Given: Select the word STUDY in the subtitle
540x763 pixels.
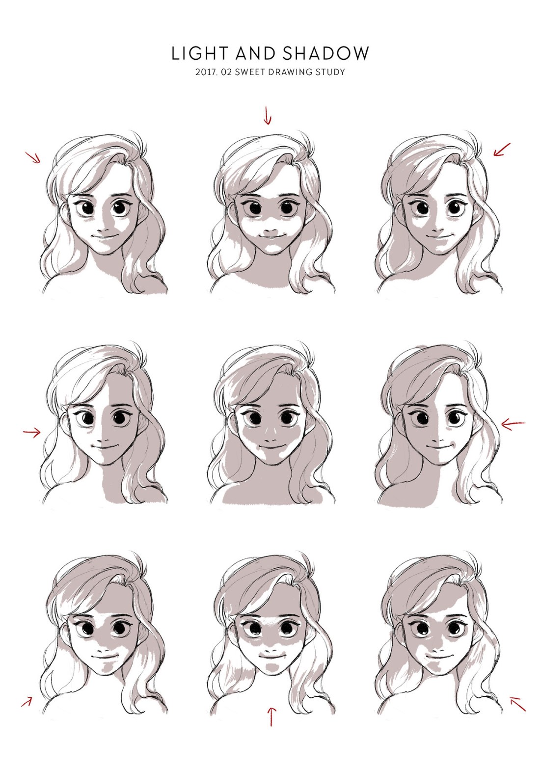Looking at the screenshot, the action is (x=331, y=72).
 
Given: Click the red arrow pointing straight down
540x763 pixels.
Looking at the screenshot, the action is (x=267, y=115).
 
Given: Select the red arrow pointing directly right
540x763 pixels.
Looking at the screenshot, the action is (x=32, y=432).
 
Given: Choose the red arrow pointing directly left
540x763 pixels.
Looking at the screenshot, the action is (x=513, y=424).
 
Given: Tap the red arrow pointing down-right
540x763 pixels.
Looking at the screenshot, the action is (x=33, y=157).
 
